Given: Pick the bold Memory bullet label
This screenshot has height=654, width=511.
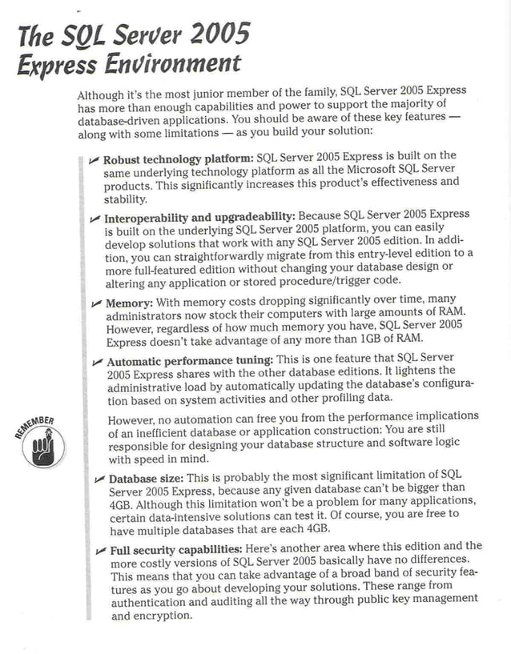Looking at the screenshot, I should [x=130, y=304].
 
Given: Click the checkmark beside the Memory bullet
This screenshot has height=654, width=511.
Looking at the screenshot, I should [x=96, y=304].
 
